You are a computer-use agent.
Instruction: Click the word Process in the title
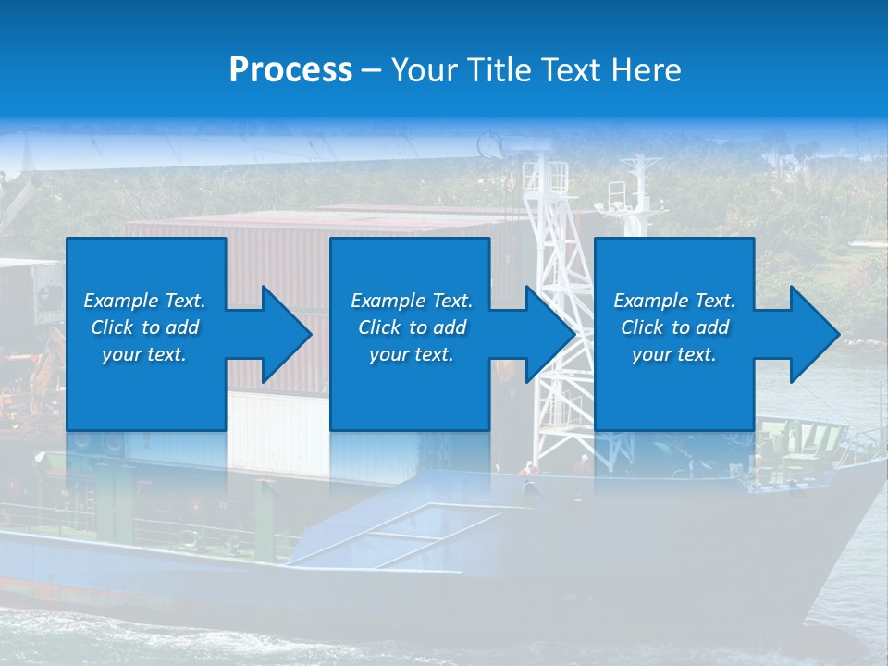(x=290, y=70)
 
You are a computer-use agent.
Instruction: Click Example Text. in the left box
(x=144, y=301)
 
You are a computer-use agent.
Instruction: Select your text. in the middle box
(x=411, y=354)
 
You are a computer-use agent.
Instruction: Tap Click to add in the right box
(x=674, y=327)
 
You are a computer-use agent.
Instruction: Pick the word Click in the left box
(x=112, y=327)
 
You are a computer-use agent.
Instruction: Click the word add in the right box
(x=712, y=327)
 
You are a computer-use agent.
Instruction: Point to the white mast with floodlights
(x=636, y=194)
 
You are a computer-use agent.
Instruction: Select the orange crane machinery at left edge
(x=37, y=370)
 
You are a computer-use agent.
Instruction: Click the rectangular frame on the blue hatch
(x=407, y=535)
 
